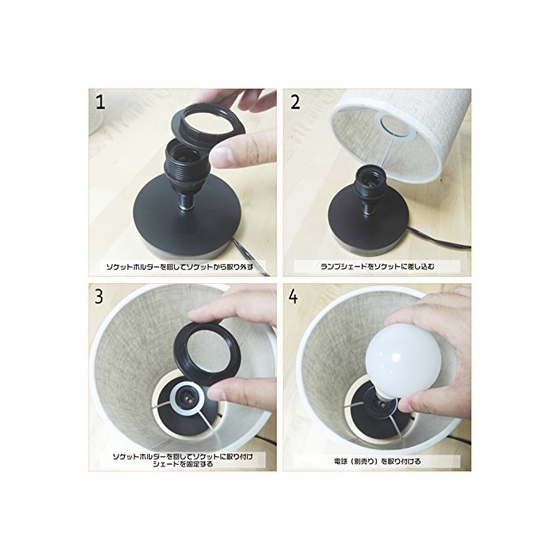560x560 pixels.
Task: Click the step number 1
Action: [100, 102]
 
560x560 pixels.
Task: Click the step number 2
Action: [295, 102]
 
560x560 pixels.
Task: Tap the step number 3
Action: [99, 297]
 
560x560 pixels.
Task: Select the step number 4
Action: [294, 297]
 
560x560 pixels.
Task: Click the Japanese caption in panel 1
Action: [180, 266]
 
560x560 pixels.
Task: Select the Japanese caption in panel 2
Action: [378, 266]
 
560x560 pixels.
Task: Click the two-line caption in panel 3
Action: [182, 460]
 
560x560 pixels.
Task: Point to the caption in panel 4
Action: [377, 462]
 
